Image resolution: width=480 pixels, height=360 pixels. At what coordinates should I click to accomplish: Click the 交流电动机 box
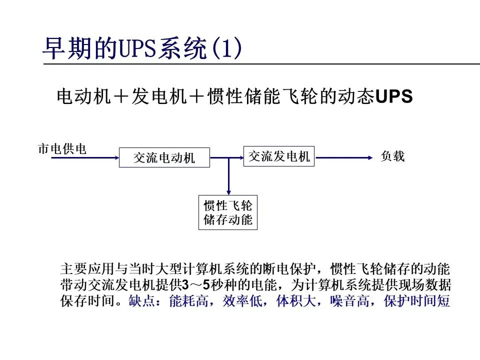164,158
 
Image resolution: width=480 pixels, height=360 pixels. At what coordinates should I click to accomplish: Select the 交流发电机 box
279,156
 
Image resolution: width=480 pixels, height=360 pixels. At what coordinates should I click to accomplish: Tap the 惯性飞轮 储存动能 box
228,212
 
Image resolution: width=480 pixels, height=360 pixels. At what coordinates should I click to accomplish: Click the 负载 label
392,156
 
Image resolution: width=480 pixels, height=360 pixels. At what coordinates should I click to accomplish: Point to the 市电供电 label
62,149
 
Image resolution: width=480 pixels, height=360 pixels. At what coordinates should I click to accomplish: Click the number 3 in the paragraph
185,285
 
